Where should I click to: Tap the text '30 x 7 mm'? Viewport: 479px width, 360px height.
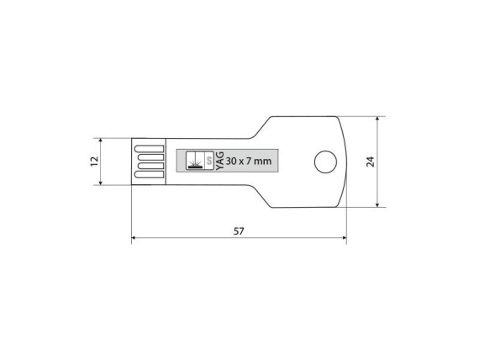pos(250,161)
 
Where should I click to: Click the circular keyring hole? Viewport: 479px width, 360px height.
pos(324,161)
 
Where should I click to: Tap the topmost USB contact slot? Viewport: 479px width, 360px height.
pos(149,148)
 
